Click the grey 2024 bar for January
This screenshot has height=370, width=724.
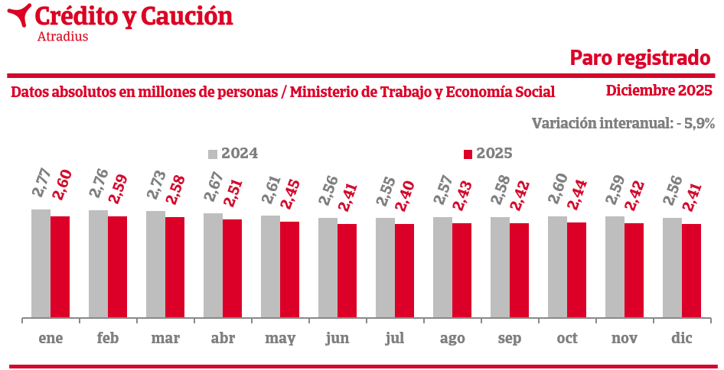point(41,263)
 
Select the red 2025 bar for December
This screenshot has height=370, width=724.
point(691,271)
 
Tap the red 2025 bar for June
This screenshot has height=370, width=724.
point(347,271)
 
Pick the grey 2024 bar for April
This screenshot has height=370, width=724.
point(213,265)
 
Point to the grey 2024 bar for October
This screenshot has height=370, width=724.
point(557,267)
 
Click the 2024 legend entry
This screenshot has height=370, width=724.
point(233,154)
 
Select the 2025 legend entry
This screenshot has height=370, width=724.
point(488,154)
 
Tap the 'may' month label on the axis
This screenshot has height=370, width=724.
point(280,339)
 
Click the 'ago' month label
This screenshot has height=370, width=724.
point(452,339)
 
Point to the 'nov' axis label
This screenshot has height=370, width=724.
point(625,338)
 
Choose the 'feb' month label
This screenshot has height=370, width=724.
point(108,338)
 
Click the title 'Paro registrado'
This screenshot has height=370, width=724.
point(641,58)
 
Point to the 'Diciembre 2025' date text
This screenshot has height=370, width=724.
point(659,91)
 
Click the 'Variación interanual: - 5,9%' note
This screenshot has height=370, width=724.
point(623,123)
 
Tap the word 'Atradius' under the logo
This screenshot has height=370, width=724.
point(62,37)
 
